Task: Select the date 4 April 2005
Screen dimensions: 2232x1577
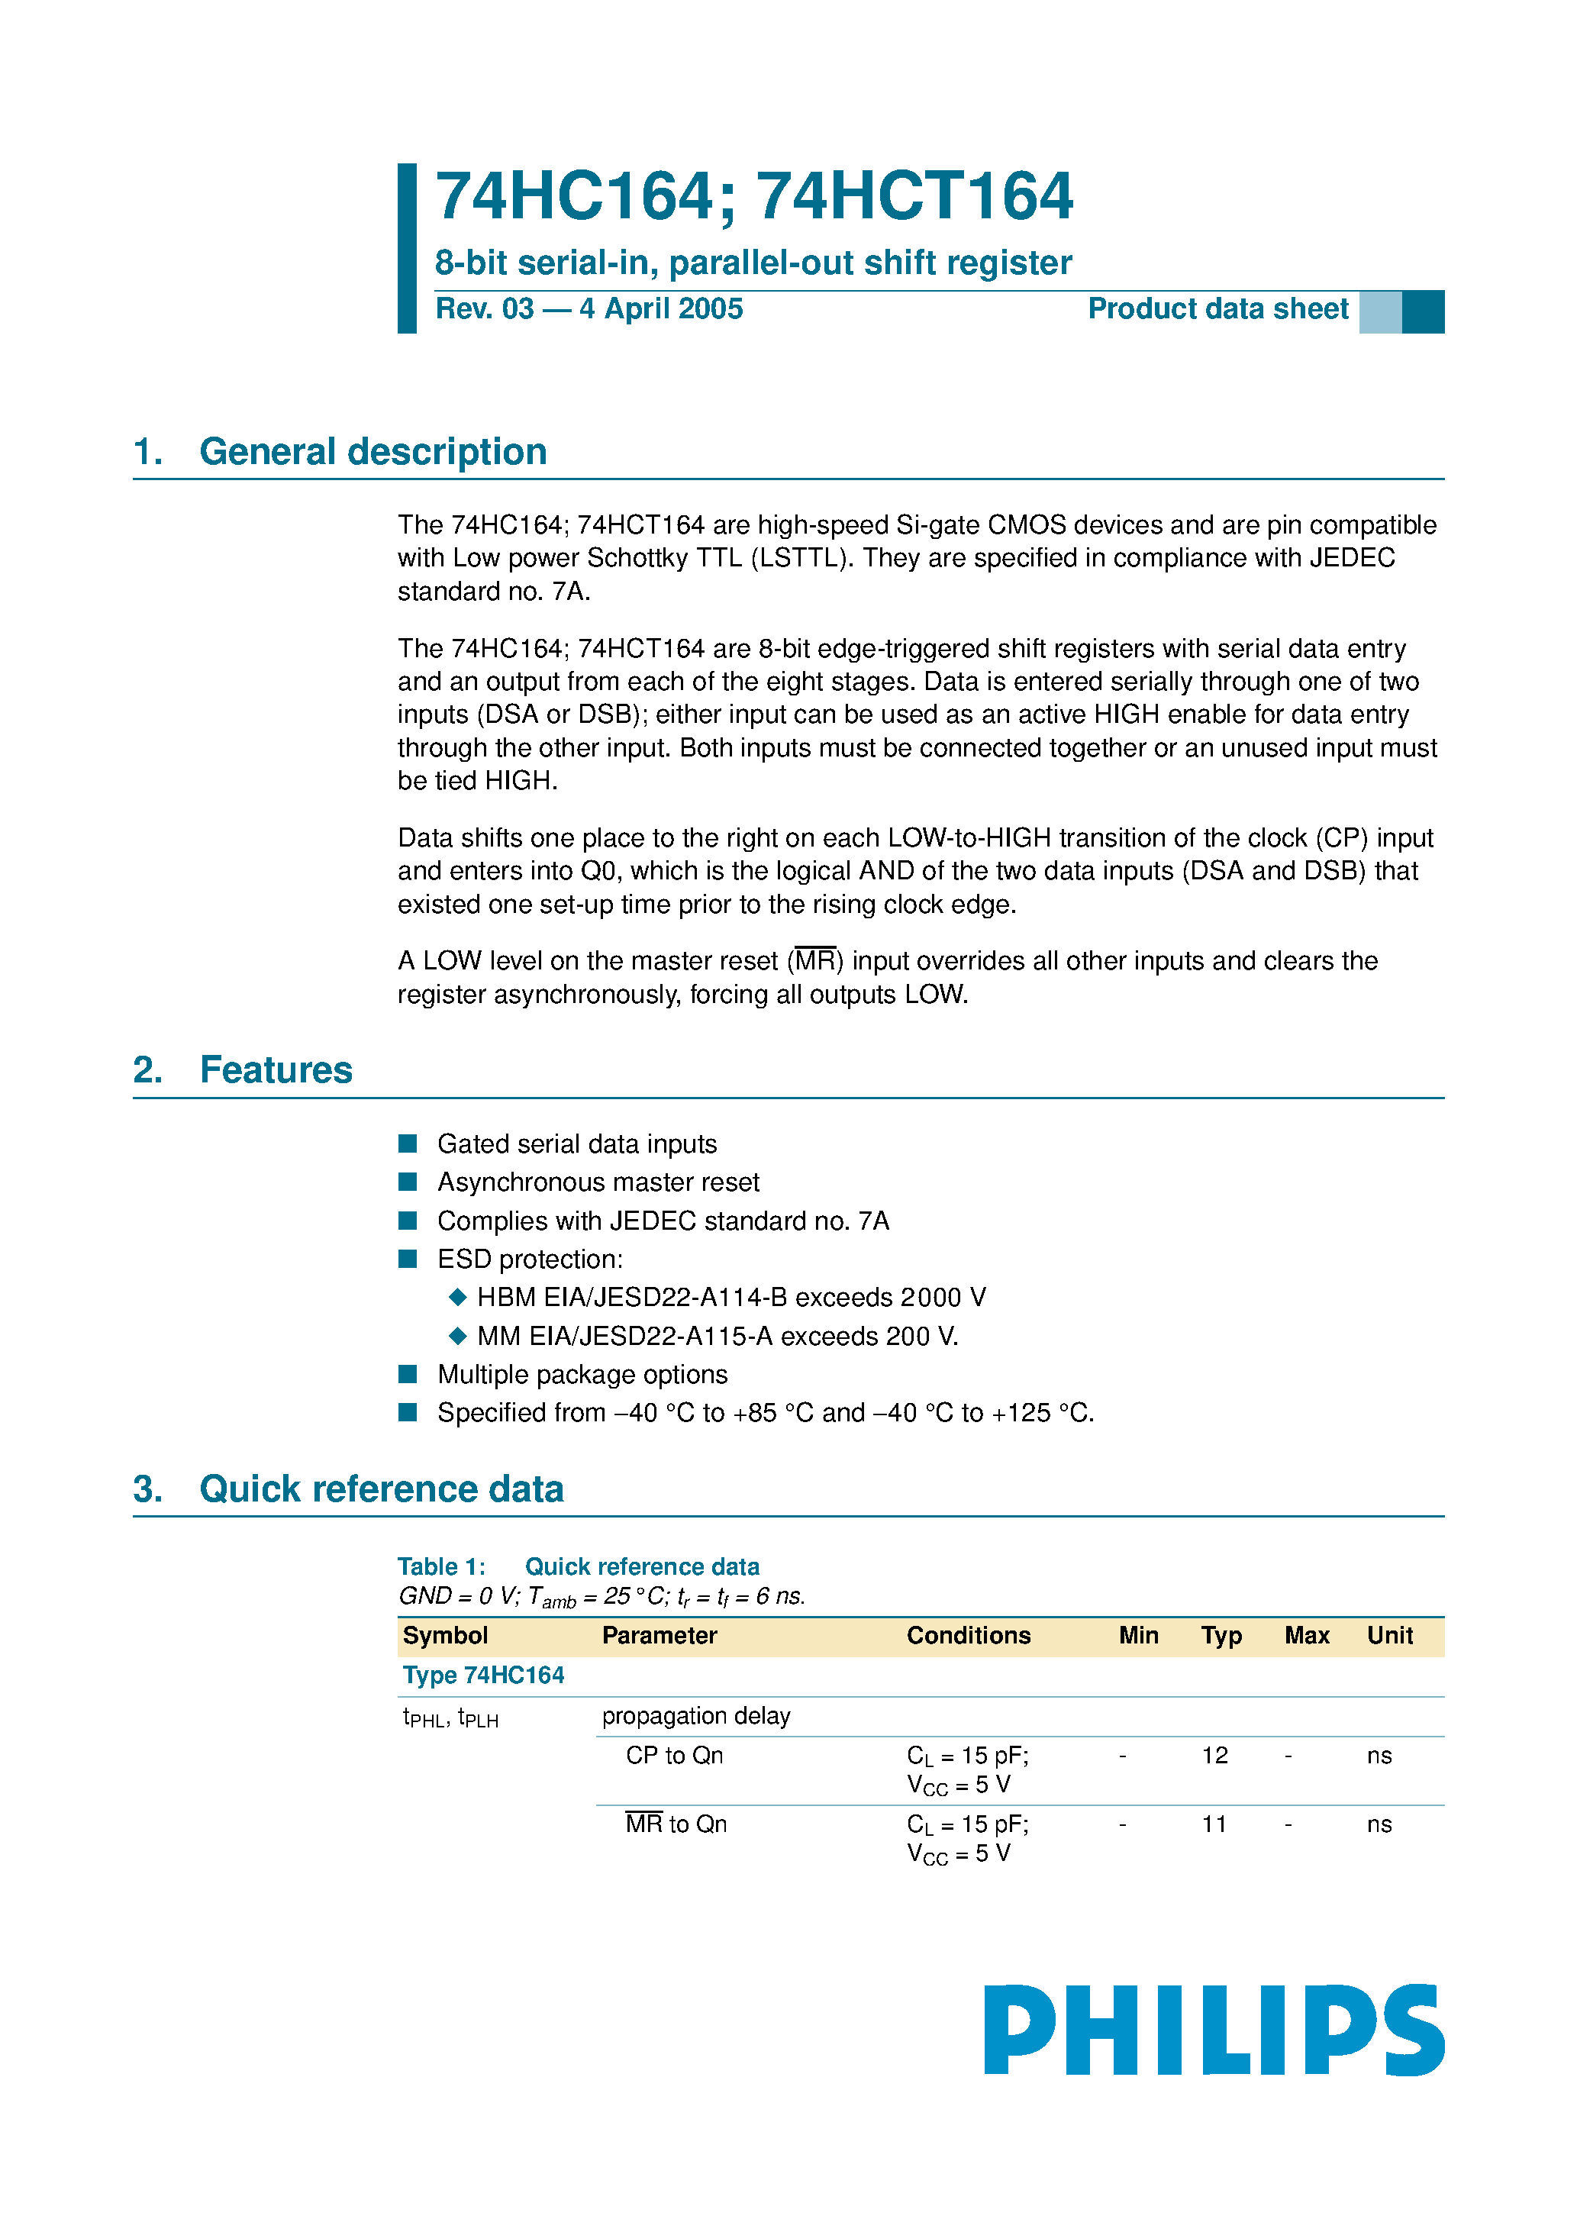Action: (x=661, y=309)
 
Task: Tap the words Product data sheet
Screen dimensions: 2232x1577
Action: (x=1217, y=309)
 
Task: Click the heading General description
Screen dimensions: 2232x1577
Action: (x=372, y=452)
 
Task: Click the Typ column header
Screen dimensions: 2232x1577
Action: (x=1221, y=1636)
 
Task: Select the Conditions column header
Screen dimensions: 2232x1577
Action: (x=969, y=1636)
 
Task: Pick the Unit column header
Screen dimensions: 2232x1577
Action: (x=1389, y=1636)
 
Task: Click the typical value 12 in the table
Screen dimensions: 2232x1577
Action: (x=1214, y=1756)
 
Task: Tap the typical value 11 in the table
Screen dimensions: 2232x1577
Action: (x=1214, y=1824)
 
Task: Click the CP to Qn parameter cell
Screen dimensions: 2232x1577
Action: (x=674, y=1756)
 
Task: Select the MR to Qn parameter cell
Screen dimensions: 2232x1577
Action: (x=676, y=1824)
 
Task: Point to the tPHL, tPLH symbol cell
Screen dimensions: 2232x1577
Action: (x=450, y=1718)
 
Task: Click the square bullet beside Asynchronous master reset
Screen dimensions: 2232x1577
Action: (x=408, y=1182)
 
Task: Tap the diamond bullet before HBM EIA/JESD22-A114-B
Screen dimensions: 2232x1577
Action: (x=458, y=1297)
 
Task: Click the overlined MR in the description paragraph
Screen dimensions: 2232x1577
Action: (x=814, y=962)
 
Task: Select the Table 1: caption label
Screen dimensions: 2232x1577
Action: (x=441, y=1567)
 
